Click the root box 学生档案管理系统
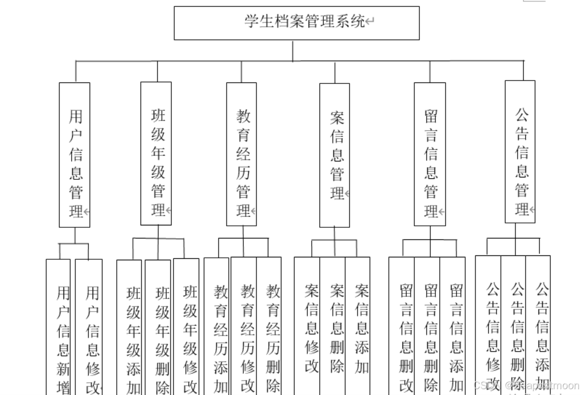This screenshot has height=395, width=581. (x=296, y=23)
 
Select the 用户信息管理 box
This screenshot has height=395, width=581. (x=75, y=155)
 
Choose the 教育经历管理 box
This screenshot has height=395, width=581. (x=242, y=154)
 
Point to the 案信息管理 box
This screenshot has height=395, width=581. (x=334, y=155)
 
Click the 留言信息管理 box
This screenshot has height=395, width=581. (x=430, y=154)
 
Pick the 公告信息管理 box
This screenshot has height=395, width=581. (x=520, y=152)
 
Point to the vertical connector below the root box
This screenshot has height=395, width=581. (x=292, y=50)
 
